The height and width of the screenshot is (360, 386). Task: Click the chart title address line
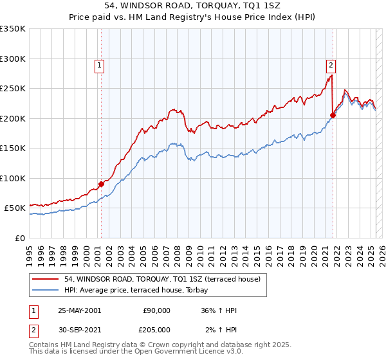193,4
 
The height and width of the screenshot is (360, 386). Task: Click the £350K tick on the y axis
13,29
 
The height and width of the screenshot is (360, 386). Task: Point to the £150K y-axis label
13,148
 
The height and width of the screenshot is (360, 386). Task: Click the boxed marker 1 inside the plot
101,64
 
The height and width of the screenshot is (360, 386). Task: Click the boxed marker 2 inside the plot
330,64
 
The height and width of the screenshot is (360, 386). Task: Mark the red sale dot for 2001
102,184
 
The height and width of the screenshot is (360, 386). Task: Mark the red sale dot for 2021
333,116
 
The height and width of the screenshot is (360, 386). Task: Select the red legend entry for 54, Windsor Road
161,279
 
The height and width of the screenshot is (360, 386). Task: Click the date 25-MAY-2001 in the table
79,310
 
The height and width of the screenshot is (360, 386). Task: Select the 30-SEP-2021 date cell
79,329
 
